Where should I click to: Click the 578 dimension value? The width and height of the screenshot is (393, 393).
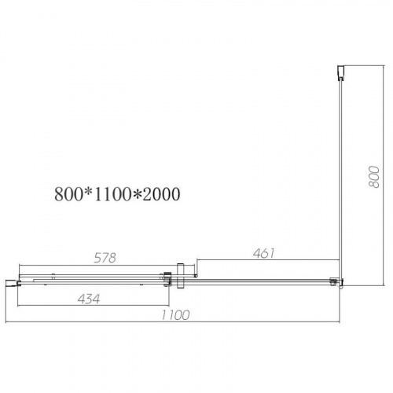(x=105, y=258)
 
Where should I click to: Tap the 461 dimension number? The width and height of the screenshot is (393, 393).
(x=264, y=253)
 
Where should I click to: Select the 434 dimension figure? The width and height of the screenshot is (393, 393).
(x=89, y=299)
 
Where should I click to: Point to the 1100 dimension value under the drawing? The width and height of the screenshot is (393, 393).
(x=175, y=315)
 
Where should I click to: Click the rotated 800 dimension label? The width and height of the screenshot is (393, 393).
(x=374, y=177)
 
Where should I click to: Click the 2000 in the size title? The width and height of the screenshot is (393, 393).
(x=161, y=194)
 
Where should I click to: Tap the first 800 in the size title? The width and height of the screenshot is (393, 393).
(x=68, y=194)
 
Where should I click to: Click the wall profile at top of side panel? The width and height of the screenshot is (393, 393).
(x=340, y=72)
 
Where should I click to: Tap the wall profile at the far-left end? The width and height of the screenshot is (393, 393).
(x=11, y=283)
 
